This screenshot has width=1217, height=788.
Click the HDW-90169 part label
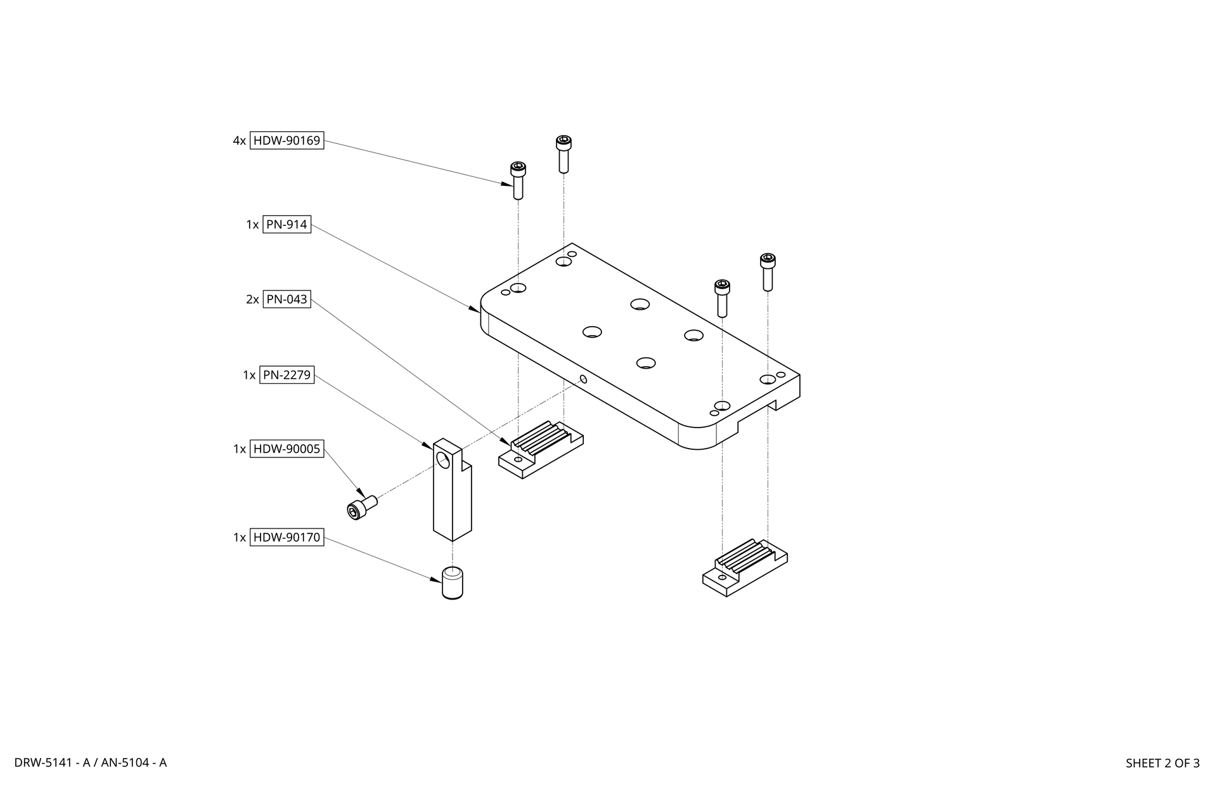click(x=287, y=141)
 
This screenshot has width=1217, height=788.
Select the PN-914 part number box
click(x=287, y=225)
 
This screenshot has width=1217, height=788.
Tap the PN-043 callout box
click(x=287, y=299)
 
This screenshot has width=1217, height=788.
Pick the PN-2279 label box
click(x=287, y=375)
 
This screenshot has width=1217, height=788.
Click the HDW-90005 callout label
click(x=287, y=449)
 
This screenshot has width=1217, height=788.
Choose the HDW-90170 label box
click(x=287, y=537)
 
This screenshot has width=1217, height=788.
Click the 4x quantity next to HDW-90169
click(x=239, y=141)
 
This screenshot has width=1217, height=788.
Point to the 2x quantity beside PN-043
click(x=252, y=299)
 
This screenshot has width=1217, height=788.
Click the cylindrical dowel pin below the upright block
click(x=452, y=583)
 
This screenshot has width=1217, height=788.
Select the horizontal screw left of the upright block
click(x=362, y=507)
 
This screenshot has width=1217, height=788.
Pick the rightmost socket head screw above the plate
click(x=768, y=272)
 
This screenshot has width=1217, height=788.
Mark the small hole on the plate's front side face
click(x=584, y=379)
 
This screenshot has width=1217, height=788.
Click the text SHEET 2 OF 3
click(x=1162, y=763)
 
